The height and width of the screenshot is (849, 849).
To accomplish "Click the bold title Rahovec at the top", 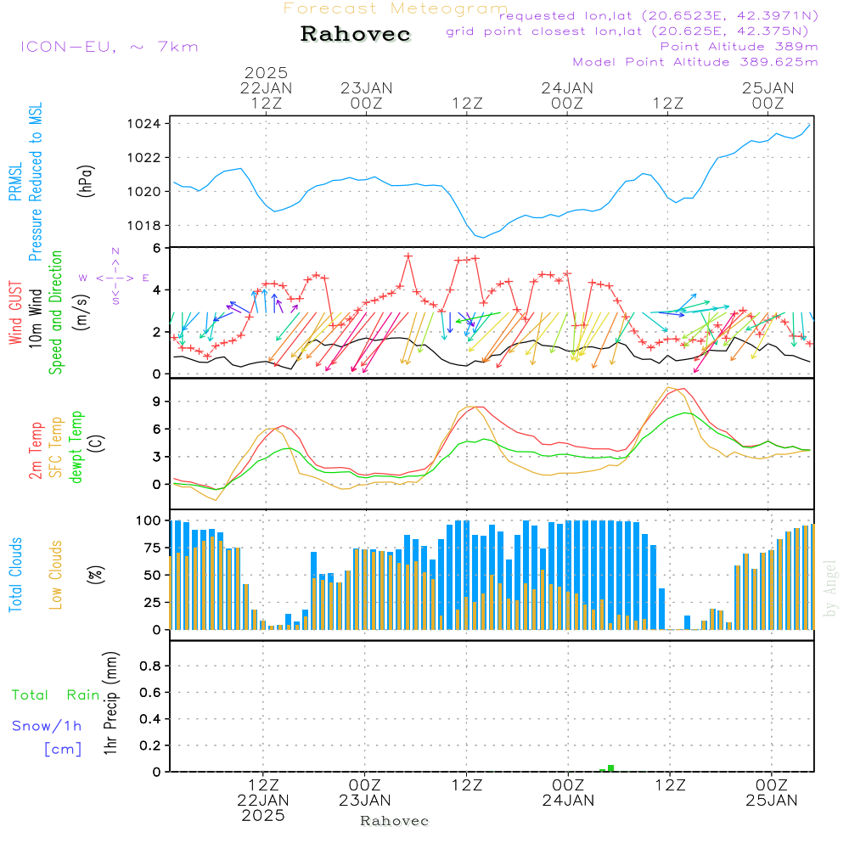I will coord(356,35).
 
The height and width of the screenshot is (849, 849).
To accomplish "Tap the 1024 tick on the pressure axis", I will coord(149,124).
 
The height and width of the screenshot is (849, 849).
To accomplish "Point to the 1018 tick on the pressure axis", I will coord(149,225).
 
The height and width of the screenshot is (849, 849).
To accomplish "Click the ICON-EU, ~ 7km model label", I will coord(109,47).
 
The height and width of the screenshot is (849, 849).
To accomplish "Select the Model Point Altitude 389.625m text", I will coord(695,62).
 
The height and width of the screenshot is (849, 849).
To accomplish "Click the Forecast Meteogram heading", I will coord(396,8).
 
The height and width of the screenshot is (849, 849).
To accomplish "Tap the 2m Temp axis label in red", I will coord(36,449).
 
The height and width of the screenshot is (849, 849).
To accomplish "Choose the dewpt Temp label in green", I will coord(76,447).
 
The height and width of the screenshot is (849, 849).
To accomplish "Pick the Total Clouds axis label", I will coord(15,575).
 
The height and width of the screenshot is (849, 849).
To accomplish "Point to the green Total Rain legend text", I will coord(56,695).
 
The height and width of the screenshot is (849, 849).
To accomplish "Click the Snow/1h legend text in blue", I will coord(48,726).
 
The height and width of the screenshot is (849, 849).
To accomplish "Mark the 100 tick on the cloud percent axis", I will coord(148,520).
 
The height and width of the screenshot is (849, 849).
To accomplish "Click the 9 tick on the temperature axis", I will coord(156,402).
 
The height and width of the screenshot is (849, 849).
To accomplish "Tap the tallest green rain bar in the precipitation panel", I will coord(610,767).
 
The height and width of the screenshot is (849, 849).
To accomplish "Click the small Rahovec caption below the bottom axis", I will coord(395,821).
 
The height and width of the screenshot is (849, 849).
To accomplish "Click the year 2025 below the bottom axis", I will coord(263,815).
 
